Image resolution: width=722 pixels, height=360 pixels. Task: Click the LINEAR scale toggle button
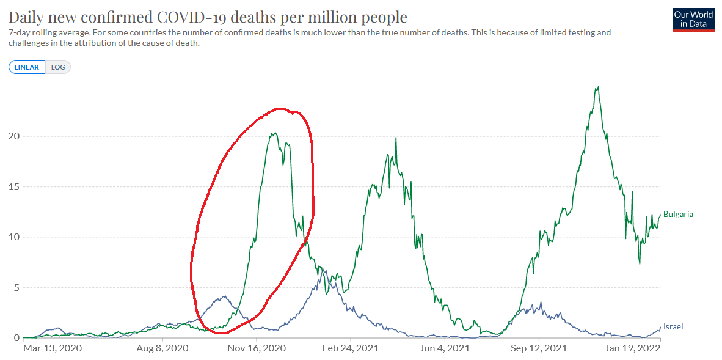click(x=27, y=67)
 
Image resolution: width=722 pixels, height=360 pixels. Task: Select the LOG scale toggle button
click(x=58, y=67)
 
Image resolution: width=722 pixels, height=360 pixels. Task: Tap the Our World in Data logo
click(x=693, y=20)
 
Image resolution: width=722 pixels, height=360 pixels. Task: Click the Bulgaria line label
click(x=678, y=215)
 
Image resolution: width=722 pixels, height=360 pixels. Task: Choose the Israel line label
click(x=673, y=327)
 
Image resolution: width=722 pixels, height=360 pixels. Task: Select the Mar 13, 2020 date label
click(x=51, y=349)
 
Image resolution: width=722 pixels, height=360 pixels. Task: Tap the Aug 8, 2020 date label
click(x=161, y=349)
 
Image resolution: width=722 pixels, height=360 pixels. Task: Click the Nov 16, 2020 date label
click(x=257, y=349)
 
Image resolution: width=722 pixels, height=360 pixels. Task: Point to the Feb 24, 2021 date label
click(x=351, y=349)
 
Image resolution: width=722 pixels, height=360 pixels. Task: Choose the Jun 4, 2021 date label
click(x=445, y=349)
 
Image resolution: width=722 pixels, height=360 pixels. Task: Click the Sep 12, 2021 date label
click(x=539, y=349)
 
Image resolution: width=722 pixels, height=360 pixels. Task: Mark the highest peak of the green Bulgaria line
click(x=597, y=87)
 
